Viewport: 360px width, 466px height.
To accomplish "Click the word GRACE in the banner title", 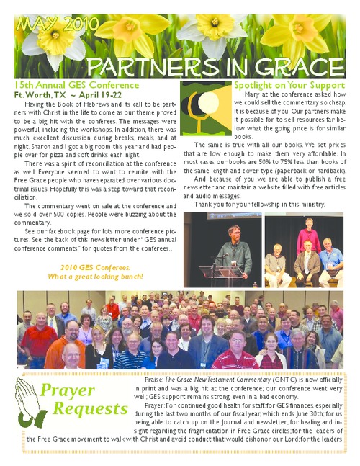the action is click(293, 67).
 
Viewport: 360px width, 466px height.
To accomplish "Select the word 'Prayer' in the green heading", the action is click(68, 391).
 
